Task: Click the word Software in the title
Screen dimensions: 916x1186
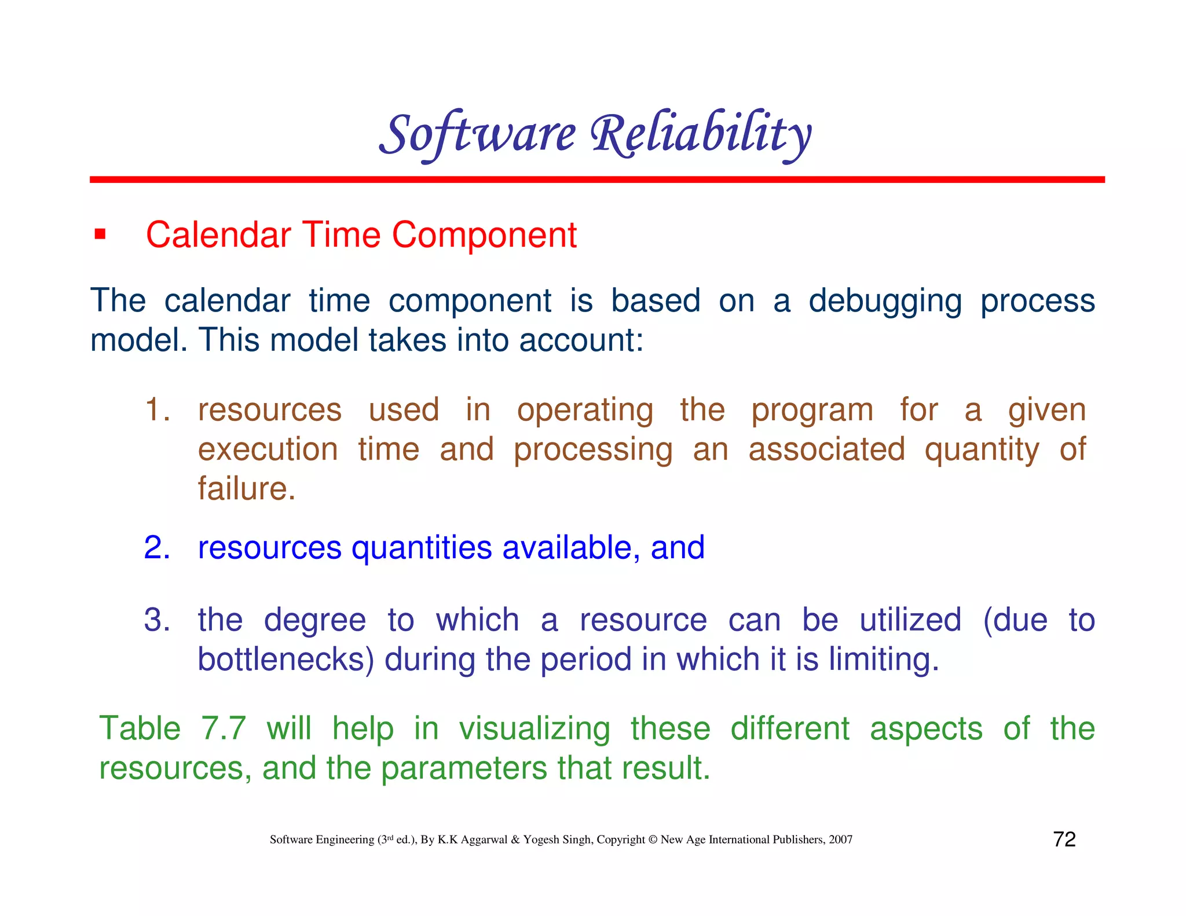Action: tap(478, 134)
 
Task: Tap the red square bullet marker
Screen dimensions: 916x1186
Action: tap(100, 235)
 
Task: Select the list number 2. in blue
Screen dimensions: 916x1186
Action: tap(157, 547)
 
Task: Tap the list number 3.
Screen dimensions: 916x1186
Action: tap(157, 620)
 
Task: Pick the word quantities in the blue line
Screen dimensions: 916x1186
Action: tap(422, 548)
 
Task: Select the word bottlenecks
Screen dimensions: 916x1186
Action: tap(286, 659)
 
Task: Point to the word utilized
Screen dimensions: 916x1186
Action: tap(910, 620)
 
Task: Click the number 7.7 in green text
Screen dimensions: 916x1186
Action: tap(224, 728)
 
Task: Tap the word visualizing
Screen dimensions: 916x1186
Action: tap(535, 728)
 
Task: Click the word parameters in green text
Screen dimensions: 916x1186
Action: tap(464, 768)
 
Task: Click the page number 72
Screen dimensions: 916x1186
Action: tap(1064, 839)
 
